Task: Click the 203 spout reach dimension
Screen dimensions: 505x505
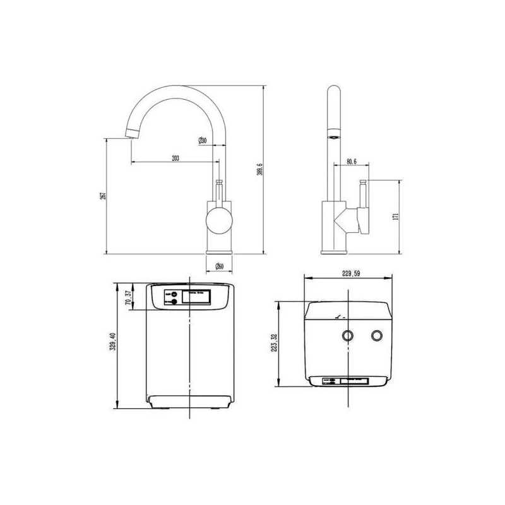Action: coord(175,158)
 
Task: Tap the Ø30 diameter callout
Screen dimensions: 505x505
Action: coord(203,141)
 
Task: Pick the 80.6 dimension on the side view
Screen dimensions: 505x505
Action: coord(352,162)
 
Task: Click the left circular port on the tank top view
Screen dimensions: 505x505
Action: coord(347,335)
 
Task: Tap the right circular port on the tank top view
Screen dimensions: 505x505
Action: coord(378,335)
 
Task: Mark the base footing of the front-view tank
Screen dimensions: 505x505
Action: coord(190,401)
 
